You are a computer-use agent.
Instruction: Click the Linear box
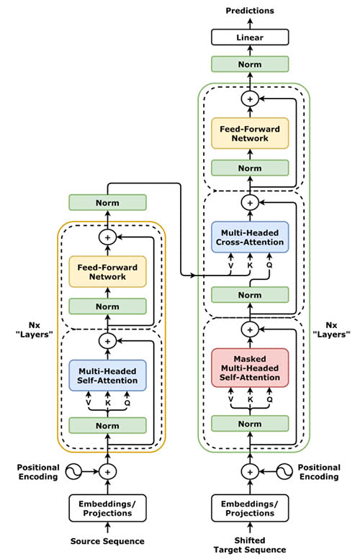250,37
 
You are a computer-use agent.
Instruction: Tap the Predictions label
250,11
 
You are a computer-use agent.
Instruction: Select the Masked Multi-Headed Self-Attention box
250,368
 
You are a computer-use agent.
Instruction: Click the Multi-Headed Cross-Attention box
250,237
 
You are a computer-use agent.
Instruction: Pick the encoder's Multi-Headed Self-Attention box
107,376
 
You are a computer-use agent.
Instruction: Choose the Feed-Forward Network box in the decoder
250,133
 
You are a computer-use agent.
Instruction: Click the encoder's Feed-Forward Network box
107,272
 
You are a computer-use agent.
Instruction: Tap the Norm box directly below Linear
250,64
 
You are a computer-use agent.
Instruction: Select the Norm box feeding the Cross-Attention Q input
250,295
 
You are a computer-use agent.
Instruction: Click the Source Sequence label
107,541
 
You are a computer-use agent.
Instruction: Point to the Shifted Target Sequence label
250,545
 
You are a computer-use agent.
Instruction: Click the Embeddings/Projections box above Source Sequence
107,508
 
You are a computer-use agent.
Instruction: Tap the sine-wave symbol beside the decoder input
284,471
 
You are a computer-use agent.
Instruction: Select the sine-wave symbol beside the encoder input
73,471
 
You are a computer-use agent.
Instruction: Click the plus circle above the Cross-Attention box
250,202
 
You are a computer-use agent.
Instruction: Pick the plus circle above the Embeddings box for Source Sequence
107,471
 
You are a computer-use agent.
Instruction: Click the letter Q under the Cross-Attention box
269,265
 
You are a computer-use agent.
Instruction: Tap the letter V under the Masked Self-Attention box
231,399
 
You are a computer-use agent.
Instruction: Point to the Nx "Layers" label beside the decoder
331,330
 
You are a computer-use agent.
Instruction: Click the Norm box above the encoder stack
107,202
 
